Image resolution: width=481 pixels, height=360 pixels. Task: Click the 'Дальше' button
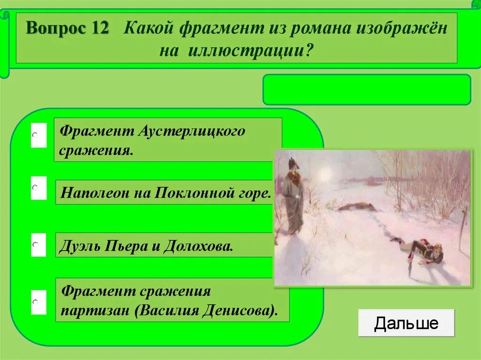click(x=406, y=323)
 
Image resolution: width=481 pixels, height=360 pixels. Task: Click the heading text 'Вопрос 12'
click(x=68, y=29)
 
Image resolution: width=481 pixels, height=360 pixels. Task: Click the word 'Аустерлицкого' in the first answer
click(x=191, y=131)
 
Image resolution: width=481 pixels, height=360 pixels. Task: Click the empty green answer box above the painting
click(x=366, y=89)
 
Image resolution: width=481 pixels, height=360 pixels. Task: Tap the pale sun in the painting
click(x=325, y=174)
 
